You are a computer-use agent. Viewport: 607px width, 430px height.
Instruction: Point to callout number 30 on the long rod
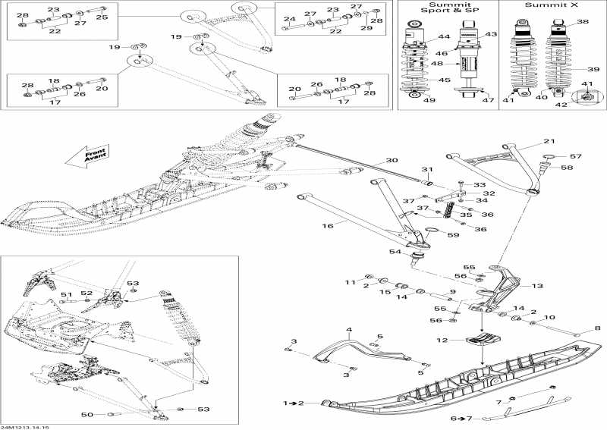click(391, 162)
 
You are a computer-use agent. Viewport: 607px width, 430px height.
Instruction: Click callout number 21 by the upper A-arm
click(549, 142)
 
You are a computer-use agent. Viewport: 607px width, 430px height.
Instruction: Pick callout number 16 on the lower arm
click(329, 225)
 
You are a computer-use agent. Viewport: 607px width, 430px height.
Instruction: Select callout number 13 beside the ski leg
click(537, 286)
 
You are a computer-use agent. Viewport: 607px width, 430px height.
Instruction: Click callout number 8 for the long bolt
click(596, 328)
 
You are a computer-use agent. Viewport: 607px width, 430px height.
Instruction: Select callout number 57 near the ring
click(575, 156)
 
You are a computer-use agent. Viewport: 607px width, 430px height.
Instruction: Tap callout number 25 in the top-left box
click(102, 17)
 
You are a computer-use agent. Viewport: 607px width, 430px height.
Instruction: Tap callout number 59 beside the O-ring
click(452, 235)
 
